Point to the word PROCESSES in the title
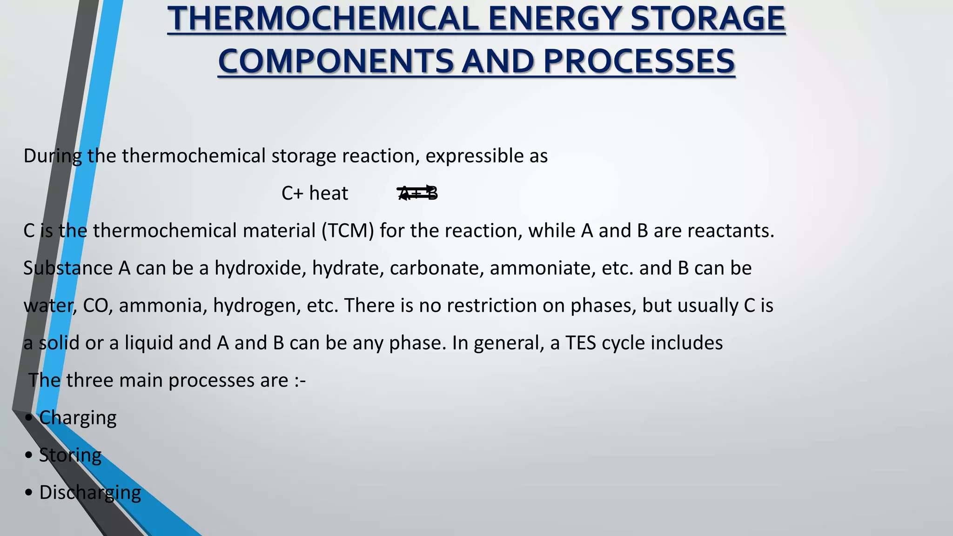click(x=638, y=61)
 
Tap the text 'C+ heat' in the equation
click(x=315, y=193)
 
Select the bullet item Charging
click(x=78, y=418)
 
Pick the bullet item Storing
click(x=70, y=455)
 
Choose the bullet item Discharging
click(x=90, y=492)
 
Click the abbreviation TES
click(x=581, y=343)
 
